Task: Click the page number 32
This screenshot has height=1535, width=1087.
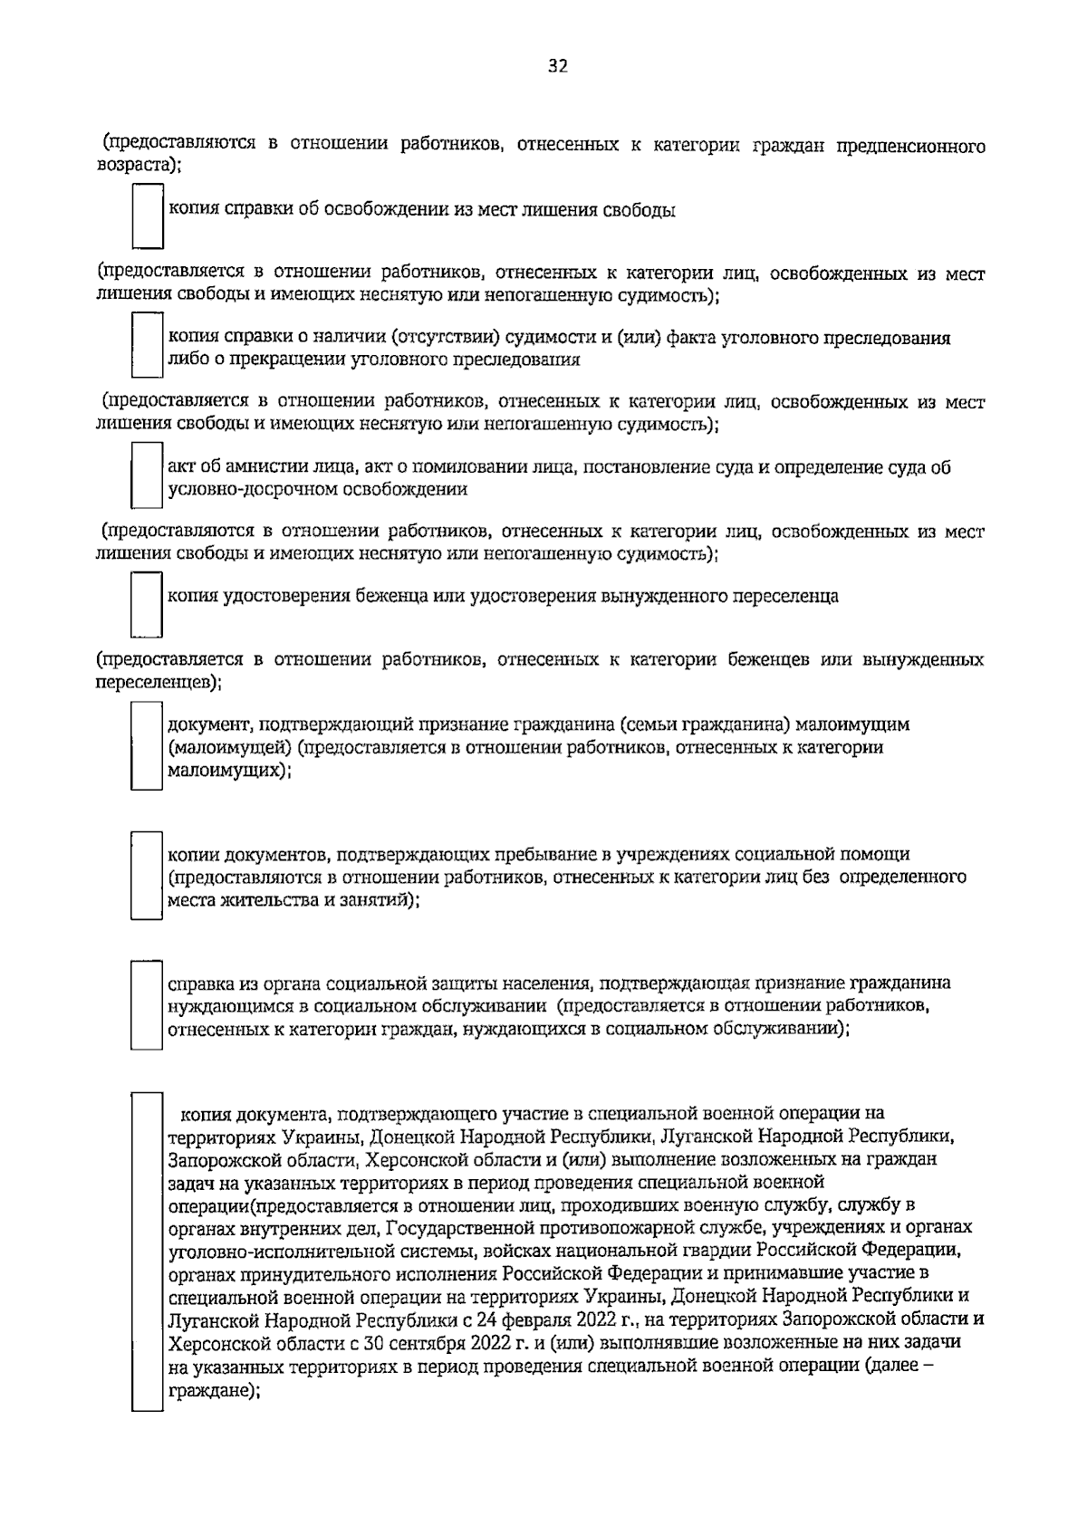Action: pos(557,65)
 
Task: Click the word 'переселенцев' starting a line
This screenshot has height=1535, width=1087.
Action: pos(154,681)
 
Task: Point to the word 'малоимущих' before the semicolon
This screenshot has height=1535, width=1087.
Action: pos(223,770)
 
